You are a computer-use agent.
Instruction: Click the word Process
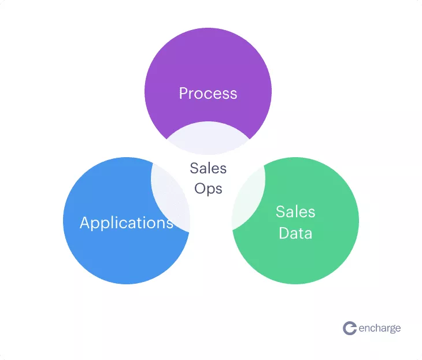pos(208,94)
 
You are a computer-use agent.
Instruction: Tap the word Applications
pos(127,223)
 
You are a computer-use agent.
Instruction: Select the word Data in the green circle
pos(295,233)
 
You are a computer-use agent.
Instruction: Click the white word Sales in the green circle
pos(295,211)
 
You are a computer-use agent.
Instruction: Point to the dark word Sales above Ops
pos(208,168)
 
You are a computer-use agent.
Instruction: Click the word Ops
pos(208,189)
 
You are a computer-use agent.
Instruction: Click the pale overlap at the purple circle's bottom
pos(208,139)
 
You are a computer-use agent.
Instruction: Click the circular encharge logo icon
pos(350,328)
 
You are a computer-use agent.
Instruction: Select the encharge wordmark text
pos(380,329)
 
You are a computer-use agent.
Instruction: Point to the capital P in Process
pos(183,93)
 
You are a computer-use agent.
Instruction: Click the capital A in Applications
pos(86,222)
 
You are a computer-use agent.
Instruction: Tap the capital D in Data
pos(284,233)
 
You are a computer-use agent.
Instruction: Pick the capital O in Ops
pos(200,188)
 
